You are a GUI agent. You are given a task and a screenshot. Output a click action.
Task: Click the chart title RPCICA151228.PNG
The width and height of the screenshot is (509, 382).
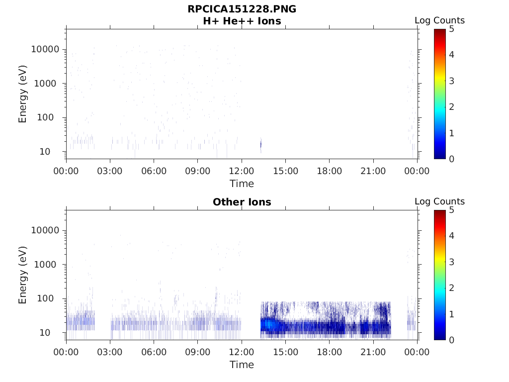[242, 9]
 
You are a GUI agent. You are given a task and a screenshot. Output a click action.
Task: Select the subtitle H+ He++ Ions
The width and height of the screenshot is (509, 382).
[242, 21]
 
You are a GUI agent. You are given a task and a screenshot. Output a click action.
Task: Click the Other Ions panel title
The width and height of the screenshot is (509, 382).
[242, 202]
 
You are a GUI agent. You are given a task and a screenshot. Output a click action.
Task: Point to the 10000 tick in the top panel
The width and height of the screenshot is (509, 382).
[46, 50]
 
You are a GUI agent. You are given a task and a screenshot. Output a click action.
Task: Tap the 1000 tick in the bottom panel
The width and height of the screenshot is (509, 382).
[48, 265]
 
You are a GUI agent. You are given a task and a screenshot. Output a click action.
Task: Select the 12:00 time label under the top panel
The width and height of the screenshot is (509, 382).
[242, 171]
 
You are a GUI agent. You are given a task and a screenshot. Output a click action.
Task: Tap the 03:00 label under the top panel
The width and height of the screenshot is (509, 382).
[110, 171]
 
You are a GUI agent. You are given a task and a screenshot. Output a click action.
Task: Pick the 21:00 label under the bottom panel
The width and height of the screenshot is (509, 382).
[373, 352]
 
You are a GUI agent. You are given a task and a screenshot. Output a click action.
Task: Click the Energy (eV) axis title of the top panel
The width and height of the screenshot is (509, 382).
[23, 94]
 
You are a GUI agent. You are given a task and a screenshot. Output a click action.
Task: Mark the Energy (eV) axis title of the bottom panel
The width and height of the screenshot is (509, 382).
[23, 275]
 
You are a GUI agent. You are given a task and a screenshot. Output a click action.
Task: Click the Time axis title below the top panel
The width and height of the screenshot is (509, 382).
[242, 184]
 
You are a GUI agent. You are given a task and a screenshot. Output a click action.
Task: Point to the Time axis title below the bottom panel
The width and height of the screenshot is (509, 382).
[242, 365]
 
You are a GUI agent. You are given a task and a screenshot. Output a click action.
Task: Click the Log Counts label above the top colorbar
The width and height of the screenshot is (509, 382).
[439, 21]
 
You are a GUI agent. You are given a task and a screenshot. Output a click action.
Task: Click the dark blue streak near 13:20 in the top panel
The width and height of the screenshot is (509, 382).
[261, 145]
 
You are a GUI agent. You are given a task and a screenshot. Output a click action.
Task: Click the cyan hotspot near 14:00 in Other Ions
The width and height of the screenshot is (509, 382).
[269, 324]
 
